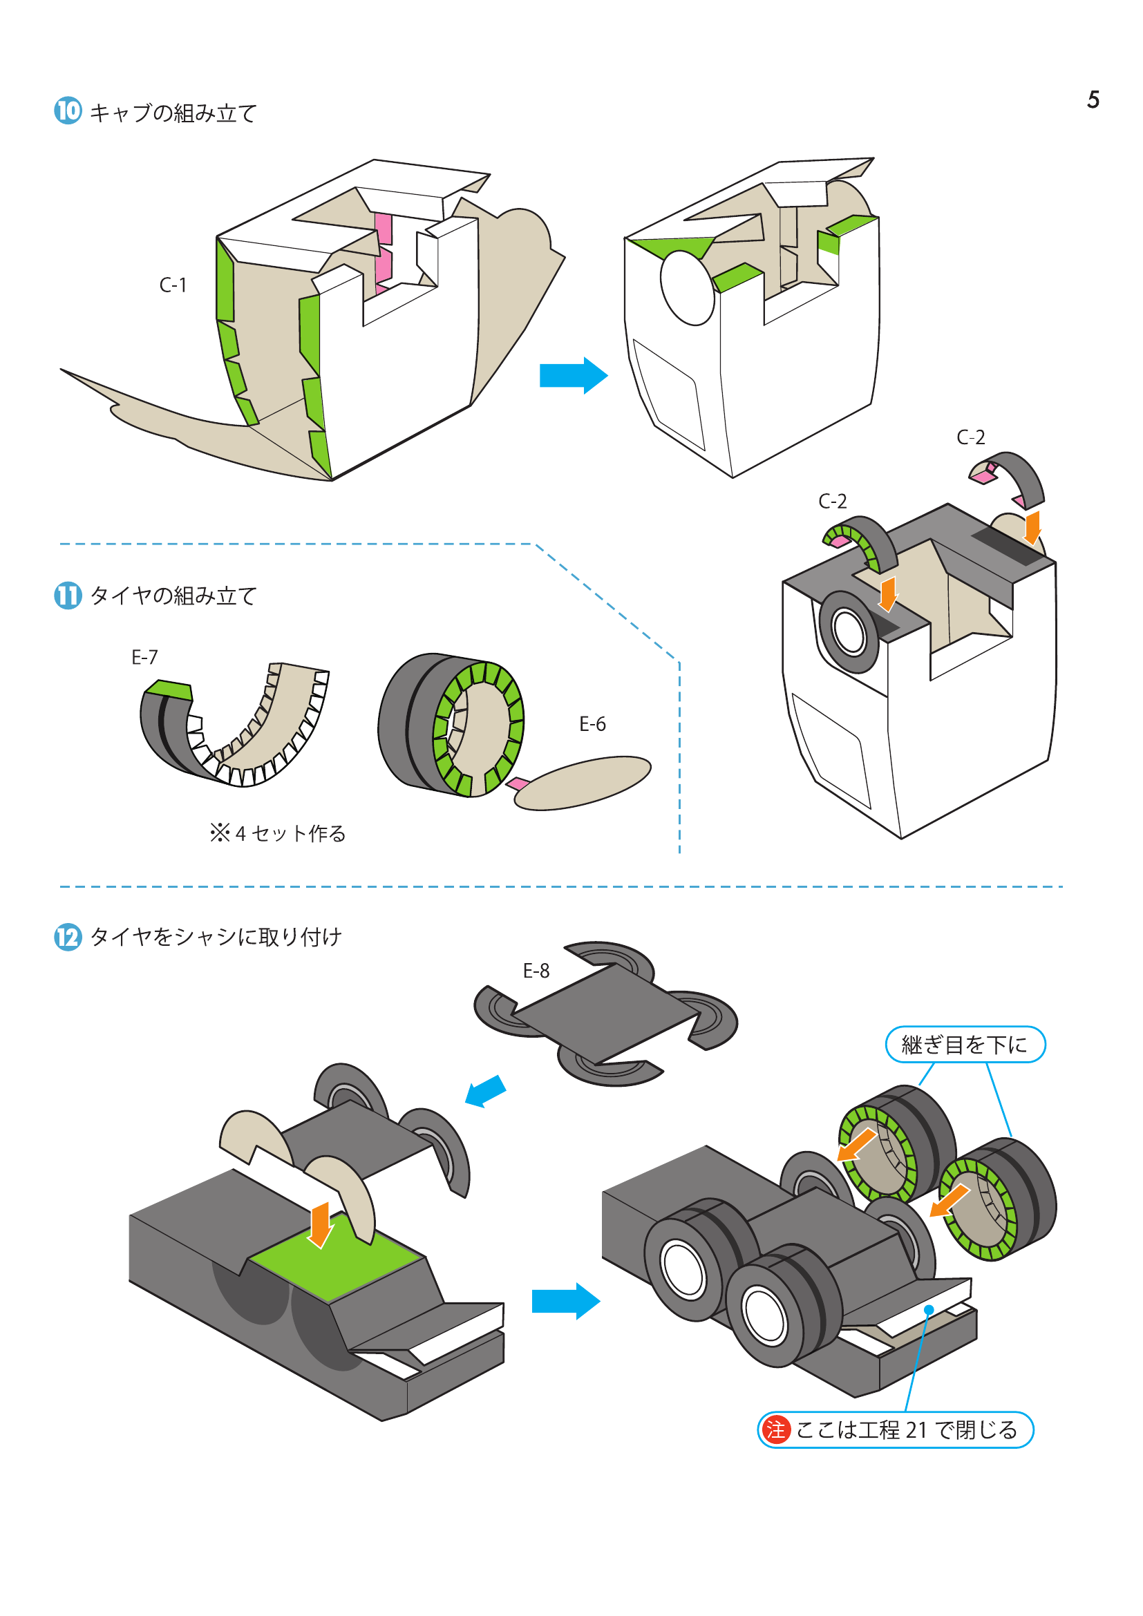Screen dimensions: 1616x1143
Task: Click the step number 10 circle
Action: click(68, 111)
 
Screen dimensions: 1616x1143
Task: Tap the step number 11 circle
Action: click(68, 596)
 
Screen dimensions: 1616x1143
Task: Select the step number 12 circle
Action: click(68, 937)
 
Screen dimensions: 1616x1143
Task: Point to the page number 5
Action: click(1093, 100)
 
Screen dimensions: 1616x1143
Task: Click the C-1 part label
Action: click(173, 285)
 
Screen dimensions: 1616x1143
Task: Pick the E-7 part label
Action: click(145, 657)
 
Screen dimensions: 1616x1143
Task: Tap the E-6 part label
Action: click(592, 723)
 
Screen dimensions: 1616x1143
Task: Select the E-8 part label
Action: click(536, 971)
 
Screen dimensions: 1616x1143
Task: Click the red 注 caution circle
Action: click(775, 1429)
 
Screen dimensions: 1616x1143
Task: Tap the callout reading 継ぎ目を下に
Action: click(964, 1045)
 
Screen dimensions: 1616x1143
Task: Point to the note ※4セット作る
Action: click(278, 833)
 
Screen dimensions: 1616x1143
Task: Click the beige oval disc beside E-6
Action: click(583, 783)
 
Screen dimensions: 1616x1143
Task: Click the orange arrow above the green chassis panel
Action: click(320, 1224)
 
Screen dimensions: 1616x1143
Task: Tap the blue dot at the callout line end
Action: click(929, 1310)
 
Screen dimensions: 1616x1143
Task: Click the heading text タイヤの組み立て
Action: click(173, 596)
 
